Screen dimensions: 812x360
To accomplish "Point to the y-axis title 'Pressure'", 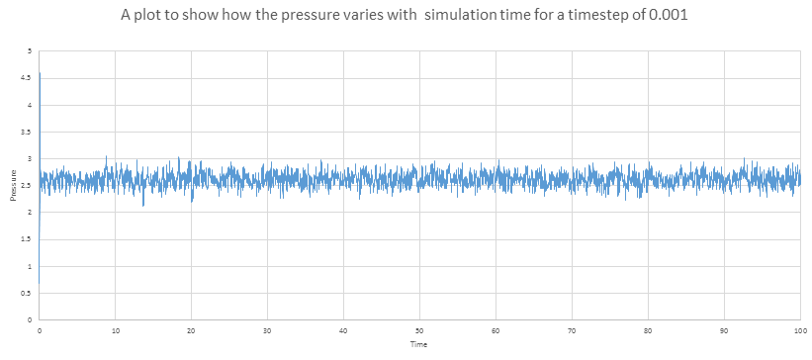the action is [14, 185].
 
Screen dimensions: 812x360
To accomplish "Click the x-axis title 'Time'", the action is [418, 344].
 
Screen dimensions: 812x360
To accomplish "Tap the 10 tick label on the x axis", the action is [115, 330].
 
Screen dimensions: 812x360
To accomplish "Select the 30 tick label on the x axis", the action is [267, 330].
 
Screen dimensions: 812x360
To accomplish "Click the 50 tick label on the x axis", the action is [419, 330].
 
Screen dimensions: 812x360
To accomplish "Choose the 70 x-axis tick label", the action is [572, 330].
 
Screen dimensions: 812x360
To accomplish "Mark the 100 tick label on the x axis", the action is [800, 330].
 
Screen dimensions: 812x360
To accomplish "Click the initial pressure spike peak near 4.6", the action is [40, 73].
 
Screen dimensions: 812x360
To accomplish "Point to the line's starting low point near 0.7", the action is [39, 283].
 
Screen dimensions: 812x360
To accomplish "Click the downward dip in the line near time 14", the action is [143, 206].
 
